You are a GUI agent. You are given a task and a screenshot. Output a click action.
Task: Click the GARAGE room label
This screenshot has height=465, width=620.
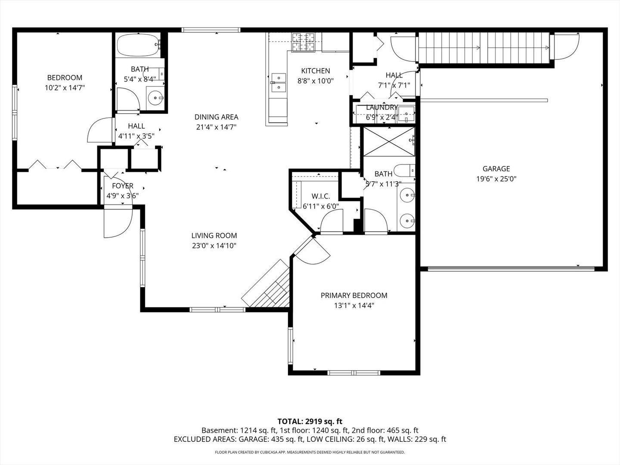pos(496,169)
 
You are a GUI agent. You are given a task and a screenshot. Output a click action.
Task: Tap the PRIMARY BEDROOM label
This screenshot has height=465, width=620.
pos(354,295)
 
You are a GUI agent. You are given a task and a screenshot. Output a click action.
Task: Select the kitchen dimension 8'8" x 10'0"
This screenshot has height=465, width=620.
pos(316,81)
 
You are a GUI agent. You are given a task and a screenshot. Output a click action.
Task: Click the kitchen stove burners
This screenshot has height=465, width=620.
pos(304,42)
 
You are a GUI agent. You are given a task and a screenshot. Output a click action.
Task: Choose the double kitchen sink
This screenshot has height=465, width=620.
pos(278,83)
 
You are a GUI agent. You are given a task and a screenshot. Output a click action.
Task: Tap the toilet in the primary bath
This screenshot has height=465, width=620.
pos(405,171)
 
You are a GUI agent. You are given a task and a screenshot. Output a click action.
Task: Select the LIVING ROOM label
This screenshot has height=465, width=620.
pos(214,236)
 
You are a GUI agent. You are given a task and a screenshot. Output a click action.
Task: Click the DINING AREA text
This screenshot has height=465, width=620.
pos(216,117)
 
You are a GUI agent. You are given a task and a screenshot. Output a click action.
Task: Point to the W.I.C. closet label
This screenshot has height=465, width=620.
pos(321,196)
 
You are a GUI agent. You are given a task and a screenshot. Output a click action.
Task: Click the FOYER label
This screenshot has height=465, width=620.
pos(123,186)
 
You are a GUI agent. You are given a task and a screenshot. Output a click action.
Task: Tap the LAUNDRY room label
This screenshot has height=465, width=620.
pos(381,107)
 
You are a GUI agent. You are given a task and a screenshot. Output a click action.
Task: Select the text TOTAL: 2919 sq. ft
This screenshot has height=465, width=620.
pos(310,421)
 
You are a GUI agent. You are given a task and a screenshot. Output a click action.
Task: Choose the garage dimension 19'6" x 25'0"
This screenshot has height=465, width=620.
pos(496,179)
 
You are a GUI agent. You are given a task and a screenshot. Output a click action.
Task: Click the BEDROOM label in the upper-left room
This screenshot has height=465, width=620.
pos(65,77)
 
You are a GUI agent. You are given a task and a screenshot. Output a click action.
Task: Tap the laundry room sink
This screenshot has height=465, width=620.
pos(406,114)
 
